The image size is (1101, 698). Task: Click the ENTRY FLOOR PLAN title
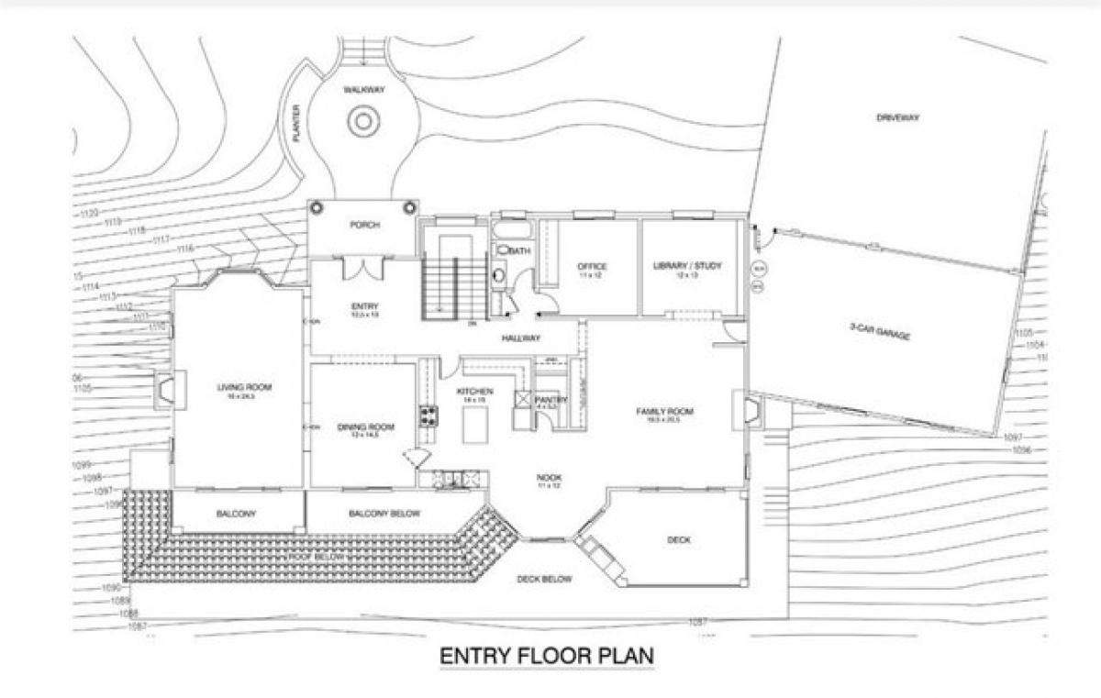coord(546,657)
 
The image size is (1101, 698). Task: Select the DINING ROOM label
coord(365,427)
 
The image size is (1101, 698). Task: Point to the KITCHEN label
coord(475,392)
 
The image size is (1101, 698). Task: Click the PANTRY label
coord(551,400)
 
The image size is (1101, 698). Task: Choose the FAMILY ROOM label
coord(665,412)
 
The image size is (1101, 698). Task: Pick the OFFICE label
coord(593,267)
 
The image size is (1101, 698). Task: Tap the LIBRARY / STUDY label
coord(687,266)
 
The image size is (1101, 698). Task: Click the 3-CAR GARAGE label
coord(879,331)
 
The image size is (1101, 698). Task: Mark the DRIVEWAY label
coord(896,117)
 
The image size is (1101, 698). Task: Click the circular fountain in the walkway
coord(362,120)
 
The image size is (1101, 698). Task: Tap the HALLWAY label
coord(519,338)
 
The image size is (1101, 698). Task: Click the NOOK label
coord(550,478)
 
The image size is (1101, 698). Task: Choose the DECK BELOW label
coord(544,579)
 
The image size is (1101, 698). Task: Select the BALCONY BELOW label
coord(384,514)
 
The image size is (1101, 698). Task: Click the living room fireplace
coord(166,389)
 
